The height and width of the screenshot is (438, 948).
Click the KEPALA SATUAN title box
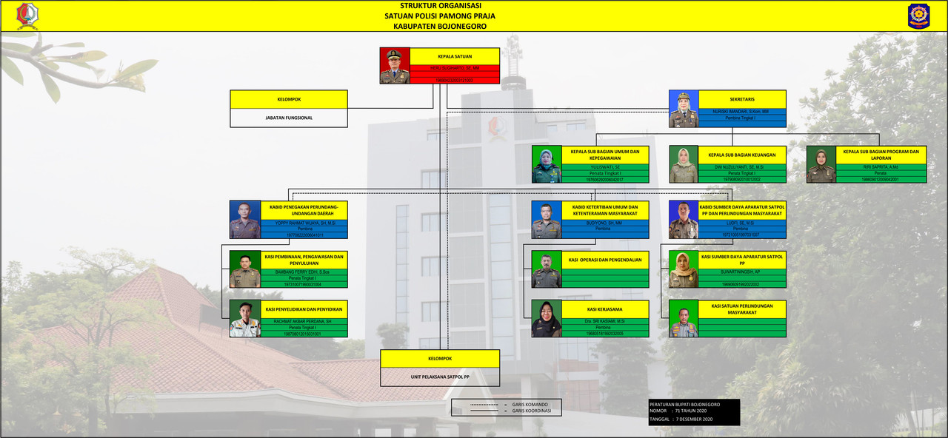[x=455, y=56]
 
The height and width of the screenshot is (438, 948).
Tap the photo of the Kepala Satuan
[x=395, y=66]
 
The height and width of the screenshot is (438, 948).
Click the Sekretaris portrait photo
[x=684, y=109]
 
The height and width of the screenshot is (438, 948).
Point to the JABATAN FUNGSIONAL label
[x=289, y=118]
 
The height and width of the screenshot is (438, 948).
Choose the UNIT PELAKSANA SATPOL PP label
[x=441, y=377]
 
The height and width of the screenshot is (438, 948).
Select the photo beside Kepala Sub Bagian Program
[x=821, y=164]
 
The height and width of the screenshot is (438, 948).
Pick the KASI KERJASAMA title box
[x=604, y=309]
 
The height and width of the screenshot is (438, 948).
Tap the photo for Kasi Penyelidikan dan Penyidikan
[x=244, y=319]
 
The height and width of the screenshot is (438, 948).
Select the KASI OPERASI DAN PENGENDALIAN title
[x=604, y=260]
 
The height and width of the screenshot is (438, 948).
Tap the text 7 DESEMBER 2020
[x=694, y=419]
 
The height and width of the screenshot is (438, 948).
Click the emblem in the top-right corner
[x=918, y=16]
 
